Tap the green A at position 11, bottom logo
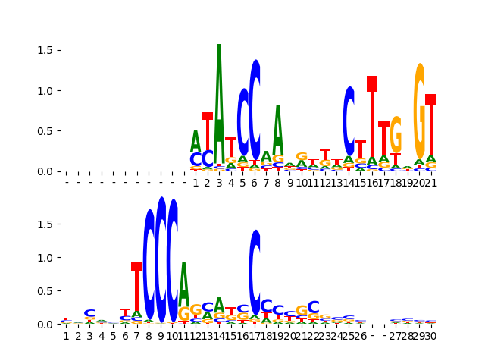click(183, 283)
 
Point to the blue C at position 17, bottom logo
click(255, 271)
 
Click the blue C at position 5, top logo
click(242, 123)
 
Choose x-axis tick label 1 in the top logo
click(196, 183)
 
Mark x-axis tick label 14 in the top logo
click(349, 183)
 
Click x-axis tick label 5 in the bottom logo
click(113, 336)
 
